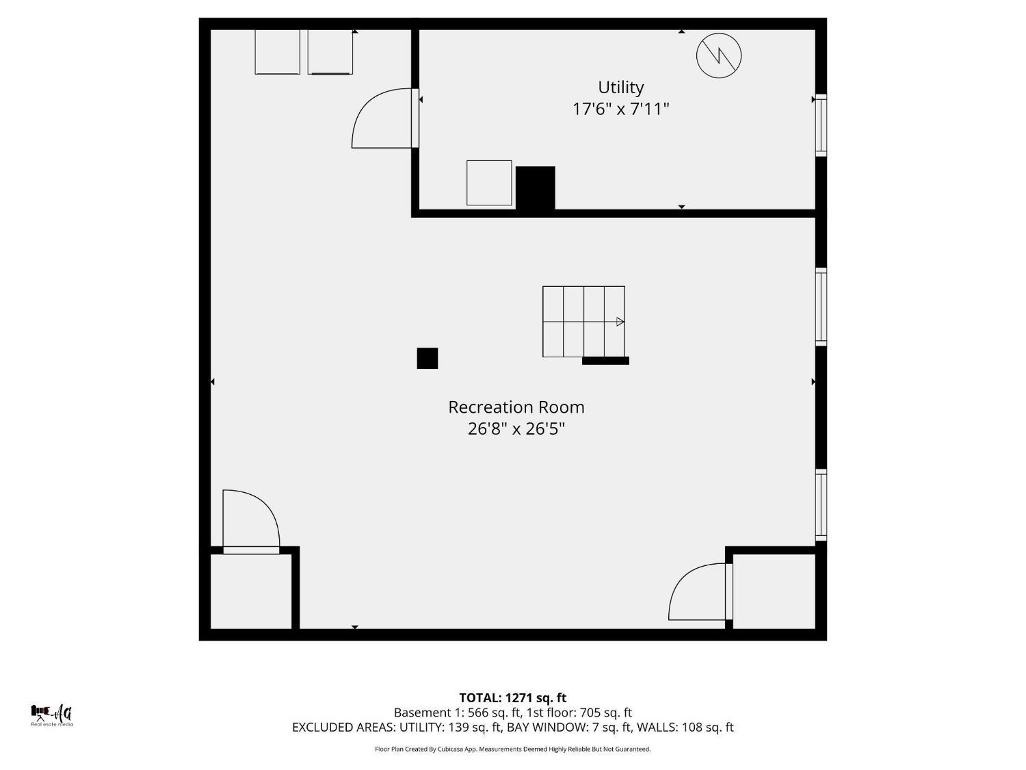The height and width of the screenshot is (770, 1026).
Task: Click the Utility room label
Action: point(621,88)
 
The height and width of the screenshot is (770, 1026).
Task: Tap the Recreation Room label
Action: point(516,407)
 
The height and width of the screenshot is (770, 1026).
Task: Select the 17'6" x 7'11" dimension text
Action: point(621,110)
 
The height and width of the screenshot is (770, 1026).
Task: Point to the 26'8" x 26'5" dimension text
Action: point(516,428)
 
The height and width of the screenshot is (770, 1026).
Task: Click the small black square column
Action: point(428,358)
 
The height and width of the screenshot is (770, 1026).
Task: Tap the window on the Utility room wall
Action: point(821,125)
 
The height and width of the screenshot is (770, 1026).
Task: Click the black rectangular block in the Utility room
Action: point(535,188)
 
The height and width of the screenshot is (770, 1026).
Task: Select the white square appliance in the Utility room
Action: point(489,183)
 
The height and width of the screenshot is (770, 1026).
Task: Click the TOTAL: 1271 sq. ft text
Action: point(513,698)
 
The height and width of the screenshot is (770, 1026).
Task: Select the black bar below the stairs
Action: point(605,361)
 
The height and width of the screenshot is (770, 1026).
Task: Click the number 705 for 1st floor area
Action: point(590,713)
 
